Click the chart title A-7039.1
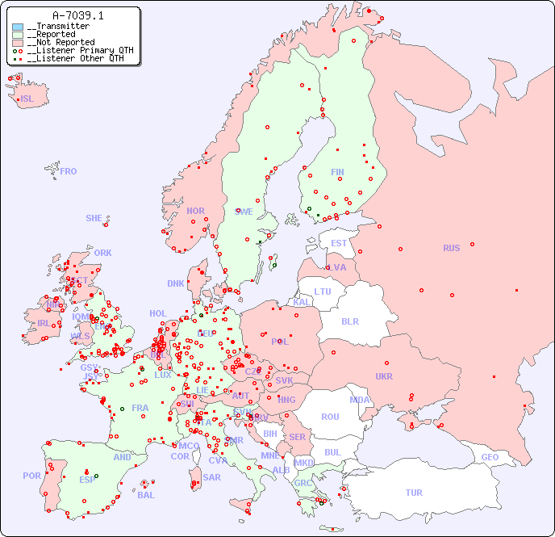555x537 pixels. [77, 15]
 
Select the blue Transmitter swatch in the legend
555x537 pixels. [18, 27]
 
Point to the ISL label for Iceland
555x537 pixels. [27, 99]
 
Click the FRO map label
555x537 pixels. [69, 171]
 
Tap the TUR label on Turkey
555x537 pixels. [414, 493]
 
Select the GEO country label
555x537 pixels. [490, 457]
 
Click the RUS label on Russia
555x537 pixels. [451, 248]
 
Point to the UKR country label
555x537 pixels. [384, 376]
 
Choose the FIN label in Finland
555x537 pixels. [337, 172]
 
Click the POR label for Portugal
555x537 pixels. [31, 476]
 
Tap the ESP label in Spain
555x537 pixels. [87, 480]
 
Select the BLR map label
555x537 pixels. [350, 321]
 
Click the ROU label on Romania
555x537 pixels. [330, 417]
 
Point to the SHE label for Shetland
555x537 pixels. [94, 218]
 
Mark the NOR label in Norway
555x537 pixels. [195, 211]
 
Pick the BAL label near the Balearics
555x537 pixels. [146, 495]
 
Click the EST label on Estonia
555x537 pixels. [340, 243]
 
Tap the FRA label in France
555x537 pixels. [140, 408]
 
